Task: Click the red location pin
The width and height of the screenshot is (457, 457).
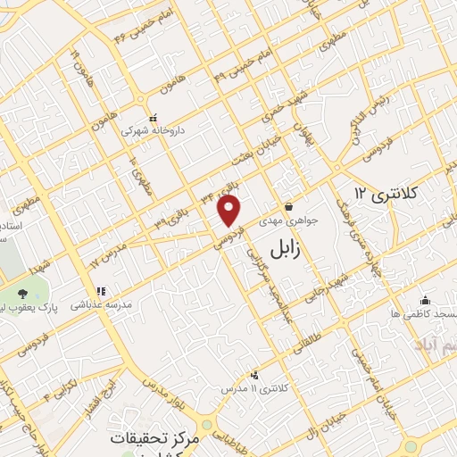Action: pyautogui.click(x=230, y=211)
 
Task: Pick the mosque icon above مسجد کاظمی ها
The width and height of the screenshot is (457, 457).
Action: pyautogui.click(x=424, y=300)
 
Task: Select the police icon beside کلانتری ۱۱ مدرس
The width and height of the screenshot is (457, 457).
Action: pyautogui.click(x=257, y=375)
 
